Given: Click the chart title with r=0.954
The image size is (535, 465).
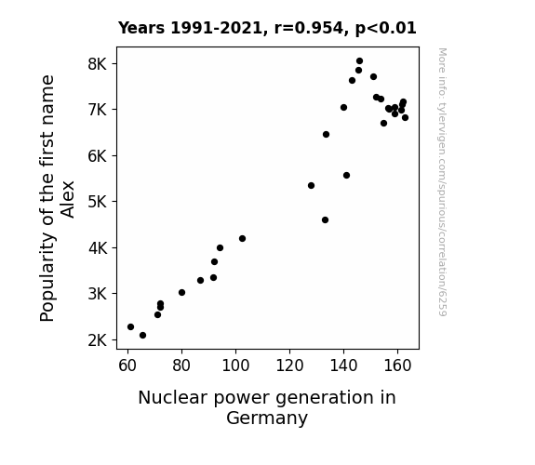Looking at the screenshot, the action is coord(267,28).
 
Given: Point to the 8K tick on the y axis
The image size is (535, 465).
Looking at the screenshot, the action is coord(98,64).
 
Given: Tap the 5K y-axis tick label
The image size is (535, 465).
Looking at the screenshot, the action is coord(98,202).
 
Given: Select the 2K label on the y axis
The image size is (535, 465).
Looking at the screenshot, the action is coord(98,340).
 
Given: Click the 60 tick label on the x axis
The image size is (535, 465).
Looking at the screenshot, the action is coord(127,365).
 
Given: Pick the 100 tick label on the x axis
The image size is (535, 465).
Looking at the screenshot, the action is coord(235,365).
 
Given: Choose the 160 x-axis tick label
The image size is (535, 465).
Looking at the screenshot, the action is coord(397,365).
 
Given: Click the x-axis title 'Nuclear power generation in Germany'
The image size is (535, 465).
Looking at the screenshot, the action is coord(267,407).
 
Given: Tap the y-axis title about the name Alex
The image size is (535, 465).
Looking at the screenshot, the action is coord(57,198).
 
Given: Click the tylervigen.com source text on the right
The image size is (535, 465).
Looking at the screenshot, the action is coord(442,182).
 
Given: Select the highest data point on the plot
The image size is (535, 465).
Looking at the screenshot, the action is coord(359,61).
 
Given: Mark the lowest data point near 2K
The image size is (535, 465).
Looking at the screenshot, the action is coord(142,336).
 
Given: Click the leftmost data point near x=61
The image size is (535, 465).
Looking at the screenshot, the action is coord(130,326).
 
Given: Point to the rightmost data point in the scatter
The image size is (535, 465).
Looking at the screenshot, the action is coord(405,118).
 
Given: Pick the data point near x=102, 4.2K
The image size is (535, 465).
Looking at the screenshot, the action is coord(242,238).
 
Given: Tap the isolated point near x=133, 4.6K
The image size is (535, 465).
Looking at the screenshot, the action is coord(325,220).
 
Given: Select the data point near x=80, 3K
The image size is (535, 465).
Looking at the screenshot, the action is coord(181,292).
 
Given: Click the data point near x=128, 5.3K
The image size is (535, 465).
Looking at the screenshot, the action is coord(311,186).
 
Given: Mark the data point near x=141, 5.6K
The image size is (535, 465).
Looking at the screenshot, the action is coord(346,176).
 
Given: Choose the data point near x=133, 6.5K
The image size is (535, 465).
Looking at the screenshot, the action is coord(326,135).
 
